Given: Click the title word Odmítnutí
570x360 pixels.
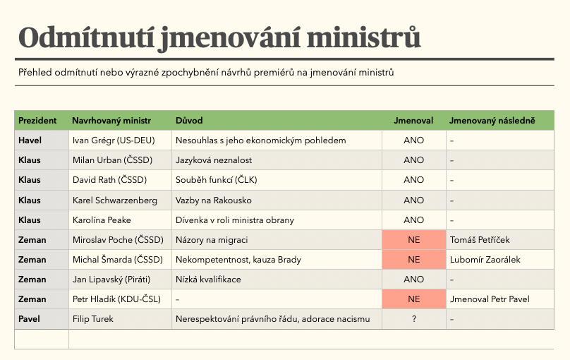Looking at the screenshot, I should (x=82, y=37).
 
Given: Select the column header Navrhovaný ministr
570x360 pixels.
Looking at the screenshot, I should (x=111, y=121).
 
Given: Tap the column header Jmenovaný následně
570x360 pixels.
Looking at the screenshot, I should (x=492, y=121).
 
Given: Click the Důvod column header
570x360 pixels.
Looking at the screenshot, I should (x=190, y=121).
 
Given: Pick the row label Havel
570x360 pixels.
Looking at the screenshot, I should (x=30, y=140).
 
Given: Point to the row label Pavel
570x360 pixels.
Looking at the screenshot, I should (x=30, y=319).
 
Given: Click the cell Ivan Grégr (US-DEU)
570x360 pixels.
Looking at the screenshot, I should (x=113, y=140).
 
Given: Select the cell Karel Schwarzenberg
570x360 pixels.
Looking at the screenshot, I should (x=114, y=200).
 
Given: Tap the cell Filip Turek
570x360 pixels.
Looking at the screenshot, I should (x=93, y=319).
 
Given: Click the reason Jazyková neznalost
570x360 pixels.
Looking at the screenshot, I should (x=214, y=160).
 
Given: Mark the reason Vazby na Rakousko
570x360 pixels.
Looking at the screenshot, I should (x=213, y=200).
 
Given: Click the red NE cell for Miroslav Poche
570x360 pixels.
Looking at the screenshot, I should (x=413, y=240).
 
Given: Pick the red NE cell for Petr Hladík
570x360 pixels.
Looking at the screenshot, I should (x=413, y=299).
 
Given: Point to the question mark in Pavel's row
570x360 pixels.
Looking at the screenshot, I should (x=413, y=319).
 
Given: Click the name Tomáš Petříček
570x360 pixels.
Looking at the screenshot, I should (x=480, y=240).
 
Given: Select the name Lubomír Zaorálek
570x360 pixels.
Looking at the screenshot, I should (x=485, y=260).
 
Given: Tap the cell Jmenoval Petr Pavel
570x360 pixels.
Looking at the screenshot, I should (x=489, y=299).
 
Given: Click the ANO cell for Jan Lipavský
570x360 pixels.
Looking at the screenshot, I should (x=413, y=280).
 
